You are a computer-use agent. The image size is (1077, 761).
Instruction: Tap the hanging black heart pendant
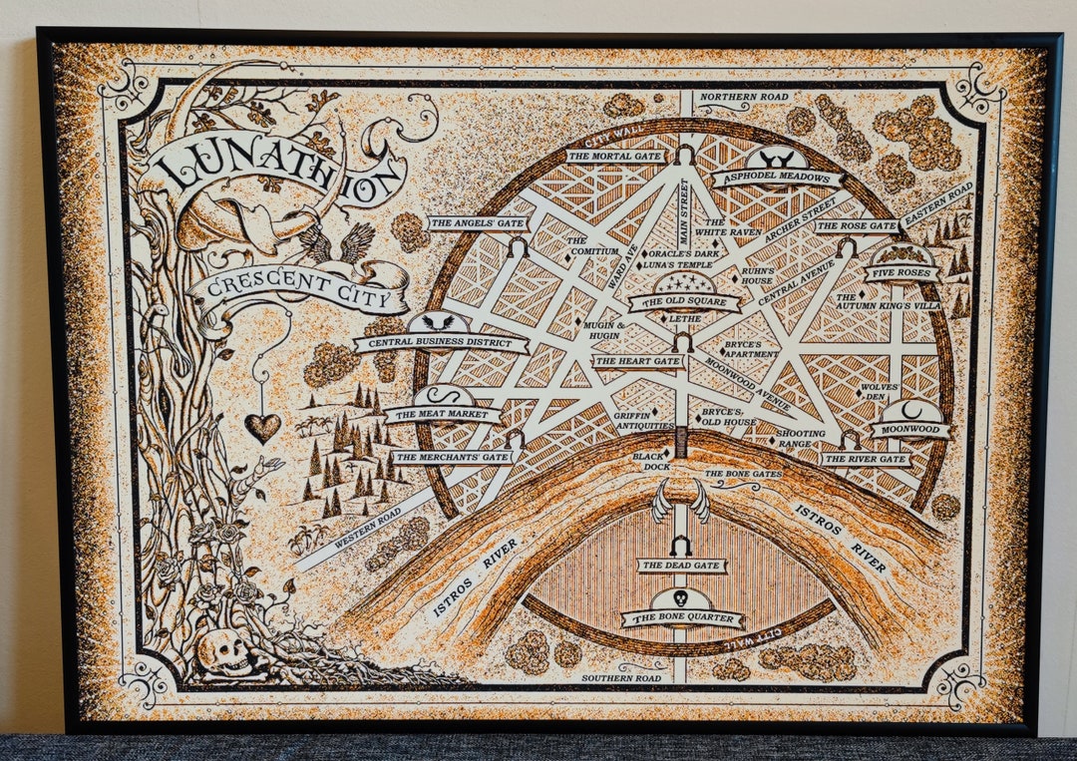[262, 427]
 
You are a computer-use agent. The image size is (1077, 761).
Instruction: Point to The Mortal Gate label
[614, 156]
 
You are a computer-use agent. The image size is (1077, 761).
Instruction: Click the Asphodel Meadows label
[777, 178]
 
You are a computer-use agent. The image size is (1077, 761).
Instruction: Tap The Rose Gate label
[857, 226]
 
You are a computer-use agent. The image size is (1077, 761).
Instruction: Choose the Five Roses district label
[900, 272]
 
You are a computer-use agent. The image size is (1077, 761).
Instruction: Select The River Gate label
[866, 459]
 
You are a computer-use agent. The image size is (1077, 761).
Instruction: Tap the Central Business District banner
[441, 344]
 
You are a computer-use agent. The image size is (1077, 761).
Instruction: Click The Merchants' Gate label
[453, 457]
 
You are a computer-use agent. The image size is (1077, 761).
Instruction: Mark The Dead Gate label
[682, 566]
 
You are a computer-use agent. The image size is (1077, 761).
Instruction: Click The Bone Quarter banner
[682, 618]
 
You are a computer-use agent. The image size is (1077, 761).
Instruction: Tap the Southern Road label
[622, 678]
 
